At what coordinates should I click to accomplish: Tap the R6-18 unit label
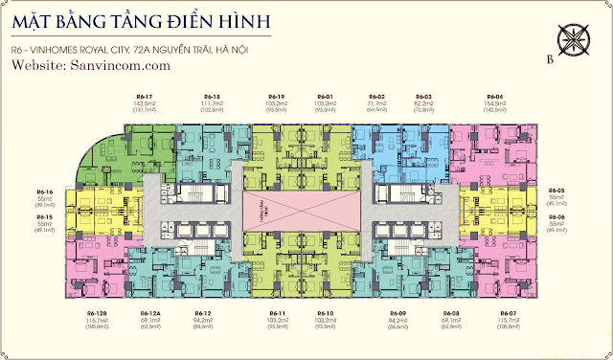213,98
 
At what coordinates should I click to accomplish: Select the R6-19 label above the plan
278,98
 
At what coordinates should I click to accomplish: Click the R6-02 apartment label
376,98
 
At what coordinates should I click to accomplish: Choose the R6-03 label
422,98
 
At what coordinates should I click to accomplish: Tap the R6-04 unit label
494,98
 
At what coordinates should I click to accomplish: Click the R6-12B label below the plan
96,314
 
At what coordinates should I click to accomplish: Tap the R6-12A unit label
148,314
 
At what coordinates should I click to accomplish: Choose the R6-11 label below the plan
278,314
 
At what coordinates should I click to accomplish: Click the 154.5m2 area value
494,104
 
